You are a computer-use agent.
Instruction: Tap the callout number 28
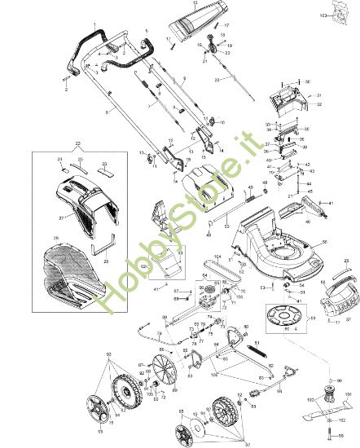tap(107, 261)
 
